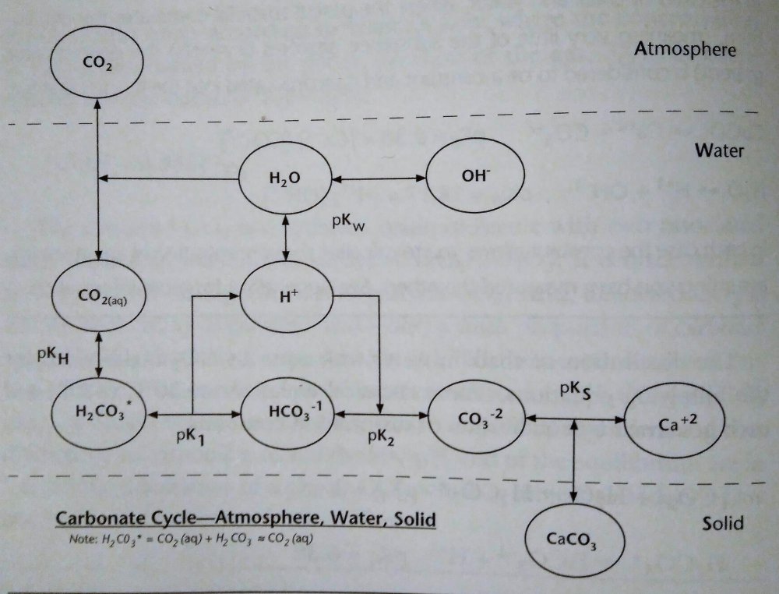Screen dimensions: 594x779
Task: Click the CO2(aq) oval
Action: click(x=97, y=295)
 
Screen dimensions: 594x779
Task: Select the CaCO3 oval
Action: click(x=574, y=539)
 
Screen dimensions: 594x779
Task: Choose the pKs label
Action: click(x=576, y=390)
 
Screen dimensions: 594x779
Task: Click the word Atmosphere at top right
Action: click(x=685, y=51)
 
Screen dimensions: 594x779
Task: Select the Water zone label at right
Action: click(x=718, y=151)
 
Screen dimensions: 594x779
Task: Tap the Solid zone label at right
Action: click(x=722, y=522)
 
